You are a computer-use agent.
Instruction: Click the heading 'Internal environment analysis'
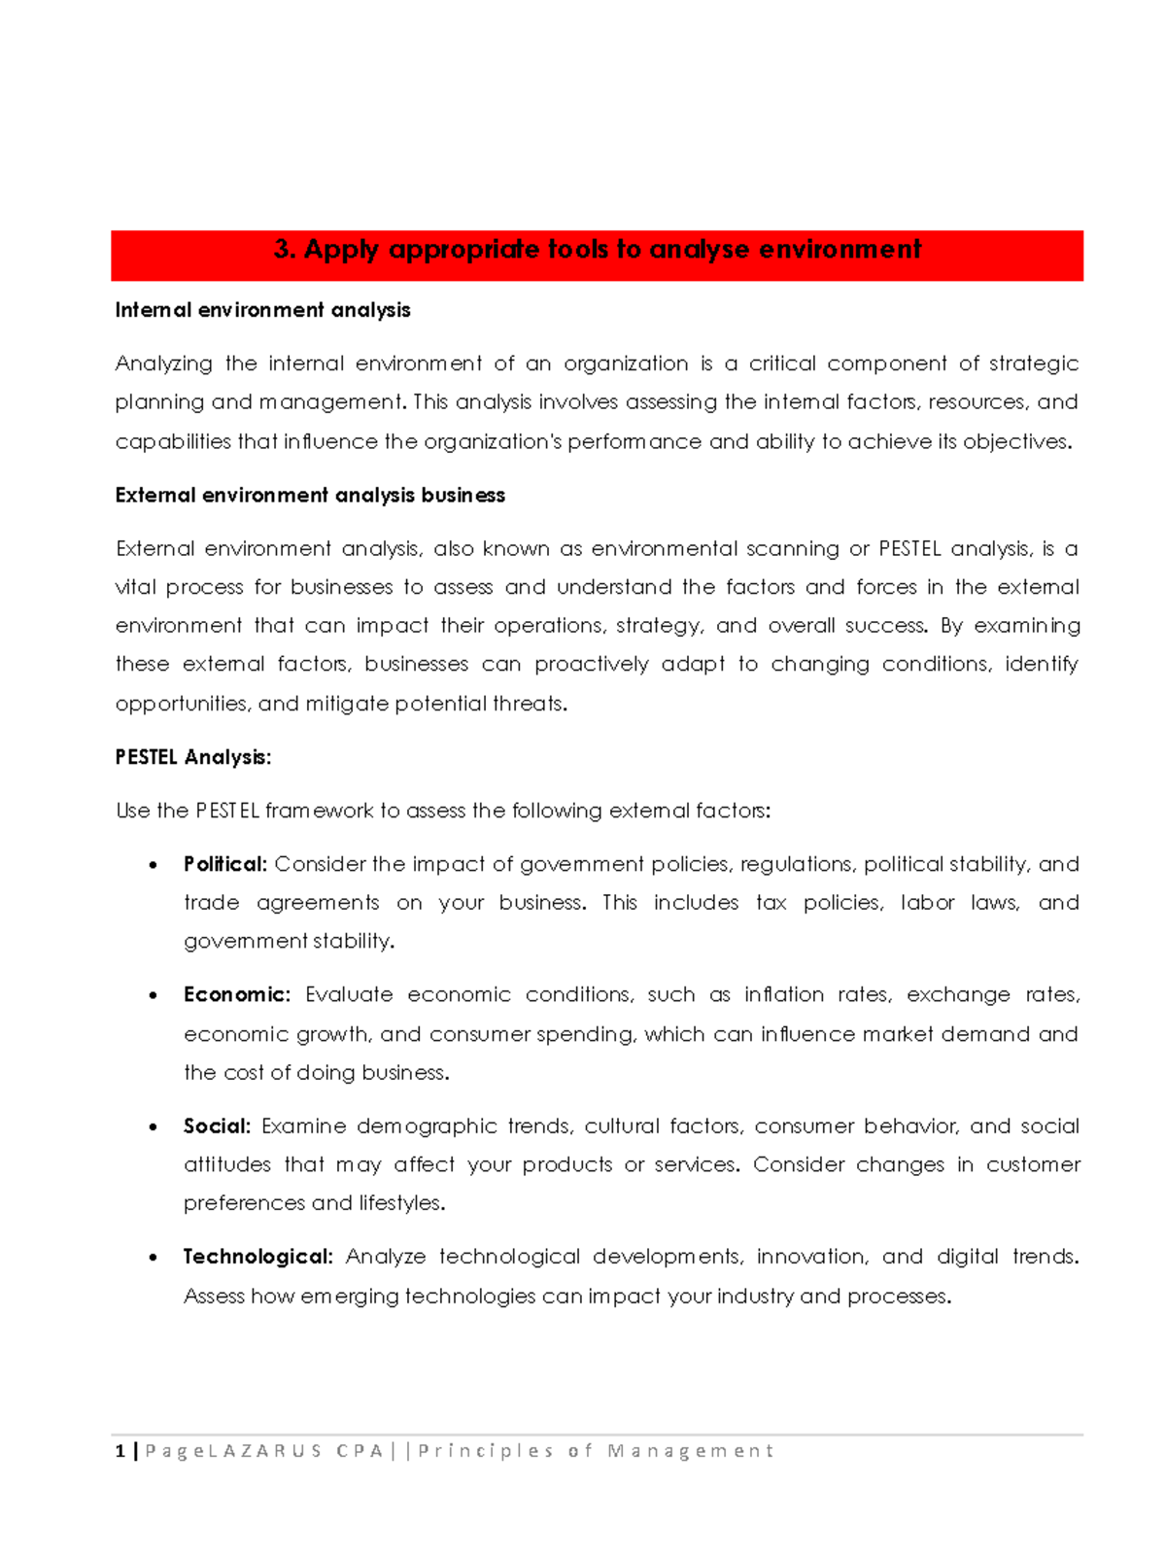click(262, 310)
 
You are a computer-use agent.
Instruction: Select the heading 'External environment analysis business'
click(310, 496)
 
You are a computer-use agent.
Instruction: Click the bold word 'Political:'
click(224, 864)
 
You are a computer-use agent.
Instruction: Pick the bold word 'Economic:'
click(236, 995)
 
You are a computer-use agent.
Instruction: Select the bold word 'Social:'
click(217, 1126)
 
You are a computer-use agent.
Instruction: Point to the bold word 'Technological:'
click(257, 1257)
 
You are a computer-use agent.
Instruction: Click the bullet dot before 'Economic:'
click(153, 996)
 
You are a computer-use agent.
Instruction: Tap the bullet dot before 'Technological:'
click(153, 1258)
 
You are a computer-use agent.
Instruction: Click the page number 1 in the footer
click(120, 1451)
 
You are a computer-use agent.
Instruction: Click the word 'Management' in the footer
click(690, 1451)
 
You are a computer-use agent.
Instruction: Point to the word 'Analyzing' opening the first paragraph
click(163, 364)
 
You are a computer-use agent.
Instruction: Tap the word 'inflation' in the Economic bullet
click(783, 995)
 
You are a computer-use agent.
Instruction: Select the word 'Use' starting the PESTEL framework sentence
click(132, 811)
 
